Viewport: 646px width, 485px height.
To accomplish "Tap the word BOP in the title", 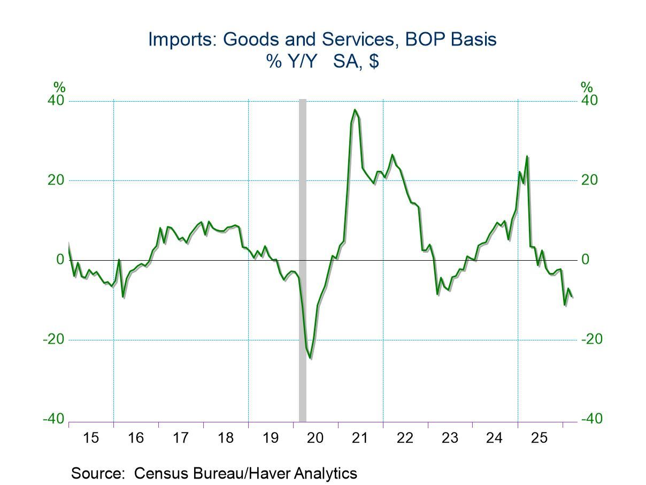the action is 424,39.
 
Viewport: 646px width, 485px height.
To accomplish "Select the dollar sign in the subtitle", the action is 374,61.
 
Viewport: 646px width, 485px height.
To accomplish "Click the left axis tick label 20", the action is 56,180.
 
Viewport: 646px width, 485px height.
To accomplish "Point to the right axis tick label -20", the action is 591,339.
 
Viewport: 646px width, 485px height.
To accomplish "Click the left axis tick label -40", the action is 53,419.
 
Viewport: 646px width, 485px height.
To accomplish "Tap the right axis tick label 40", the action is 589,101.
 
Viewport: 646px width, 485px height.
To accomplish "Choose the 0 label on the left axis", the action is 60,260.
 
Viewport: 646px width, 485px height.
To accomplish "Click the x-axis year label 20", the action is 315,438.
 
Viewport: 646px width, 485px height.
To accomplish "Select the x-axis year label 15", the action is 91,438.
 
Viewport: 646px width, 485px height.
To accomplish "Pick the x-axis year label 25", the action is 539,438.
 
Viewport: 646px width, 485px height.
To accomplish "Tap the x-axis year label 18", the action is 226,438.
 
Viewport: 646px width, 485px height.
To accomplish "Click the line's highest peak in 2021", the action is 355,110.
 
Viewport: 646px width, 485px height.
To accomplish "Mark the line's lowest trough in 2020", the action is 311,358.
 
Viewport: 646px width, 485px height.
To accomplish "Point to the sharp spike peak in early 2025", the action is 527,156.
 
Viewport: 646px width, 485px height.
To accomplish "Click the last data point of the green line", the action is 572,297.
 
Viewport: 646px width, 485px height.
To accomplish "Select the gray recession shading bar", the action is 303,261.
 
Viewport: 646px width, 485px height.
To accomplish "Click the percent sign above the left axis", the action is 59,87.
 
